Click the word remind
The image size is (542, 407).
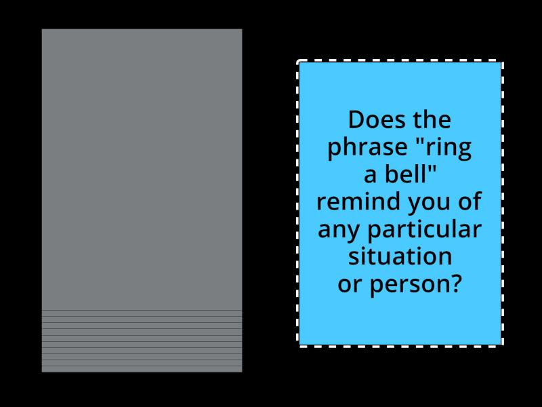(352, 202)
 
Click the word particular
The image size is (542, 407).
(424, 230)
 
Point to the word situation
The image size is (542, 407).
(400, 256)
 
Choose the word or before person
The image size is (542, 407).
(350, 284)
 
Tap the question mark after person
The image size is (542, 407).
(455, 284)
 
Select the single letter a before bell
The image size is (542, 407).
(371, 176)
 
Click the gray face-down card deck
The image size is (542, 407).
(142, 170)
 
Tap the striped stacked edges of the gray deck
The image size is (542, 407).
(142, 341)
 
